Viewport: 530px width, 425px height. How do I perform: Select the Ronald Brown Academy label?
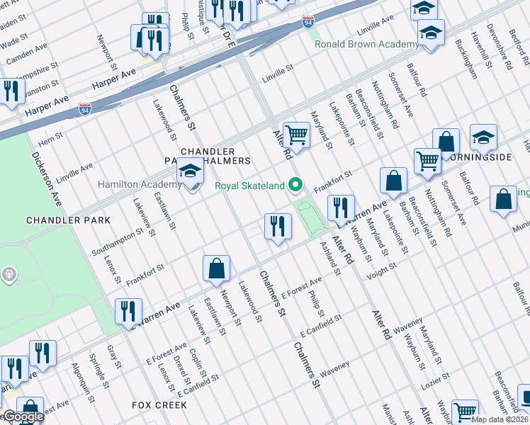367,45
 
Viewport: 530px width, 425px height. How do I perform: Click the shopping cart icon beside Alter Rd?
296,135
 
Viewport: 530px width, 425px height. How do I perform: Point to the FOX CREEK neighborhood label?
159,405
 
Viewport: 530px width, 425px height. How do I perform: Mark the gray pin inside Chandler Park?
9,274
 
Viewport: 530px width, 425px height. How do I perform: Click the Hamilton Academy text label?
135,185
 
